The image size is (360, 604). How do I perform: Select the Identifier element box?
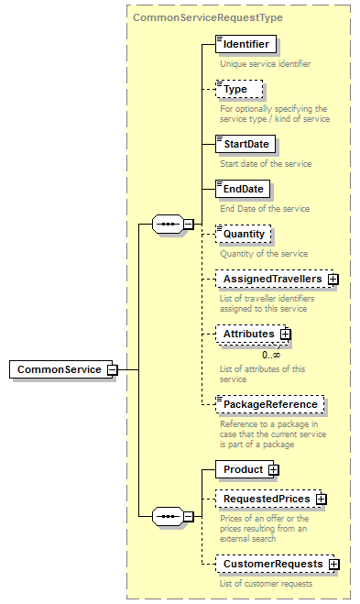point(245,43)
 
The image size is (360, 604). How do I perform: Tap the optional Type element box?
point(238,89)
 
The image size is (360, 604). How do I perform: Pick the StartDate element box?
point(245,144)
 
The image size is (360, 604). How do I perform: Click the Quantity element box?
point(243,234)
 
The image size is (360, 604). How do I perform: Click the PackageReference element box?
point(269,404)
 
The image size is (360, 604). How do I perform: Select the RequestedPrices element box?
point(266,499)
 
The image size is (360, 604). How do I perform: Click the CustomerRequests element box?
point(272,564)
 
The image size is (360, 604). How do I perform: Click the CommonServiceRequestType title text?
point(208,17)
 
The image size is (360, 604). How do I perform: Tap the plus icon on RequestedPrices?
point(322,499)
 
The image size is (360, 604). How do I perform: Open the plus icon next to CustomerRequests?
point(333,564)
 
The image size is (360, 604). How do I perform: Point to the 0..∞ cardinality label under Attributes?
point(271,355)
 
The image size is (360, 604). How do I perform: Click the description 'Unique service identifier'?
point(265,64)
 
